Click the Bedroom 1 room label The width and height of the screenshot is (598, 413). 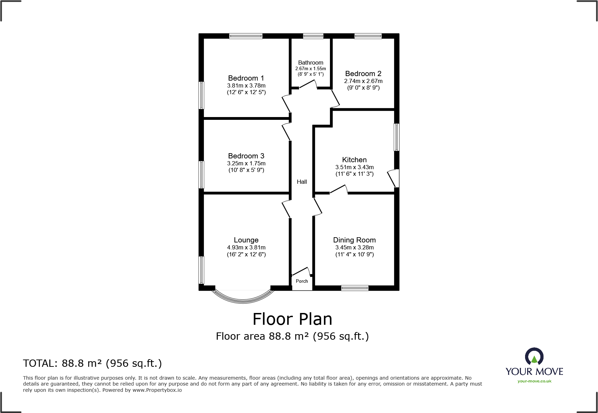coord(246,78)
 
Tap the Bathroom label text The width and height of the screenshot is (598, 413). coord(310,63)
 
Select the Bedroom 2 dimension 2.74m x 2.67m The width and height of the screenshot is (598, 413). coord(363,81)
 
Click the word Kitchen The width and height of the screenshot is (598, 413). coord(354,160)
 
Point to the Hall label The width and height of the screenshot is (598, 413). coord(302,182)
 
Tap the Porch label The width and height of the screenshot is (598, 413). coord(302,281)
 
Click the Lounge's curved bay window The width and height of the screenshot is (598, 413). coord(243,298)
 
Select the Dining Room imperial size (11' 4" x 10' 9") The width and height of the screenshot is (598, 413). coord(354,254)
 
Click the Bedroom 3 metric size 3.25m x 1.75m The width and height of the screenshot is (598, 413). coord(246,163)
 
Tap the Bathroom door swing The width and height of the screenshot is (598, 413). coord(308,84)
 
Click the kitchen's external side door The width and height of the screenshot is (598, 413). coord(393,178)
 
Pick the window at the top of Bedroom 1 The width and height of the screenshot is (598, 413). coord(246,36)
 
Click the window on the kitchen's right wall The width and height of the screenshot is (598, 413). coord(397,137)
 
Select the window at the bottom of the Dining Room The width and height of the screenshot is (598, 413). coord(355,288)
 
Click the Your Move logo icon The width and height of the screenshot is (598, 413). coord(534,357)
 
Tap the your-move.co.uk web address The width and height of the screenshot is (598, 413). coord(534,381)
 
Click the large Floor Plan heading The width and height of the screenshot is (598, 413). coord(292,319)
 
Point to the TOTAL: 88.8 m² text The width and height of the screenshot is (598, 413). coord(92,363)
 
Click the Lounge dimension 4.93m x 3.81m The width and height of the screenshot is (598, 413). coord(246,247)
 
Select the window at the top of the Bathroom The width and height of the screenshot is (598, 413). coord(313,36)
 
